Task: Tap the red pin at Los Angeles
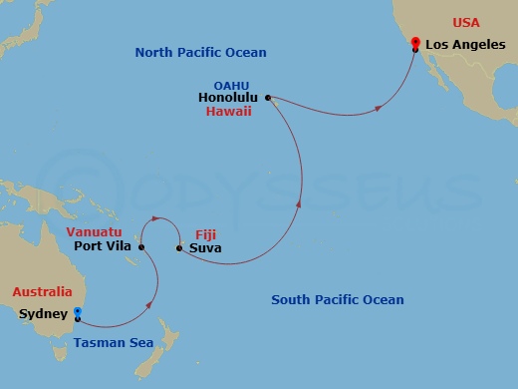point(414,42)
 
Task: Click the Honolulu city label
point(228,99)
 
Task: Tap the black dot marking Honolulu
point(267,98)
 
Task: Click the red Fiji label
point(205,233)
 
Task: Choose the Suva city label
point(205,248)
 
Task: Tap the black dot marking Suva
point(178,248)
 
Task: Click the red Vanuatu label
point(95,231)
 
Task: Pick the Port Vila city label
point(104,247)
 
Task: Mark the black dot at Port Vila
point(141,247)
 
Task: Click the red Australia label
point(42,292)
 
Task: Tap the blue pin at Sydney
point(78,312)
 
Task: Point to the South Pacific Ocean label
point(338,300)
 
